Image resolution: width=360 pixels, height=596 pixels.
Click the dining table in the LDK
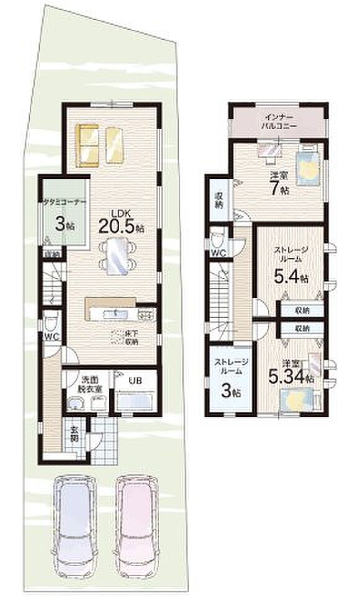pos(118,256)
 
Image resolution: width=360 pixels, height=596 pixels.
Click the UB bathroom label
pos(134,381)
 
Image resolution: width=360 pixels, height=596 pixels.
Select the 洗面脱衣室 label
pos(84,385)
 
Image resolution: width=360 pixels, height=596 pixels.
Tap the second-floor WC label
pos(217,253)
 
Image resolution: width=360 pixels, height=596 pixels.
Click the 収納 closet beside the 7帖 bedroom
pos(218,197)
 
